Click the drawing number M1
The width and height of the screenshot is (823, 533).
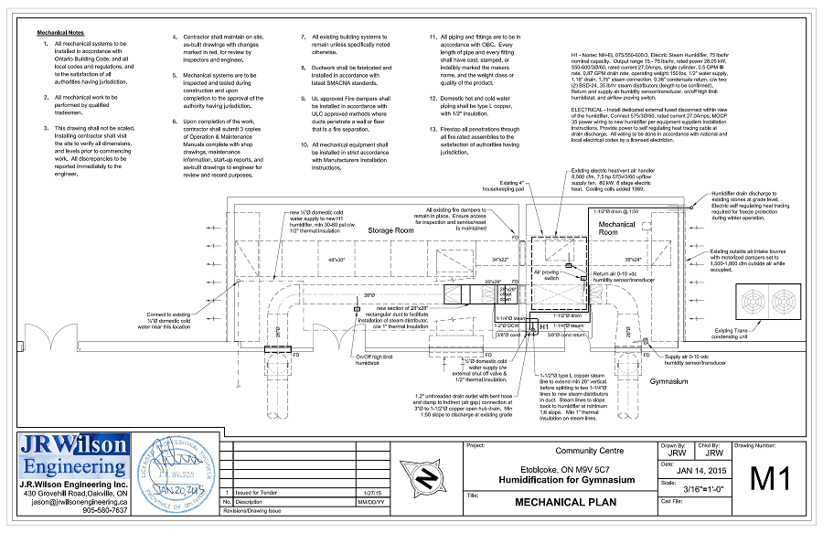[x=770, y=478]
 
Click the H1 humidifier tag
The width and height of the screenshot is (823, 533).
[x=543, y=325]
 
